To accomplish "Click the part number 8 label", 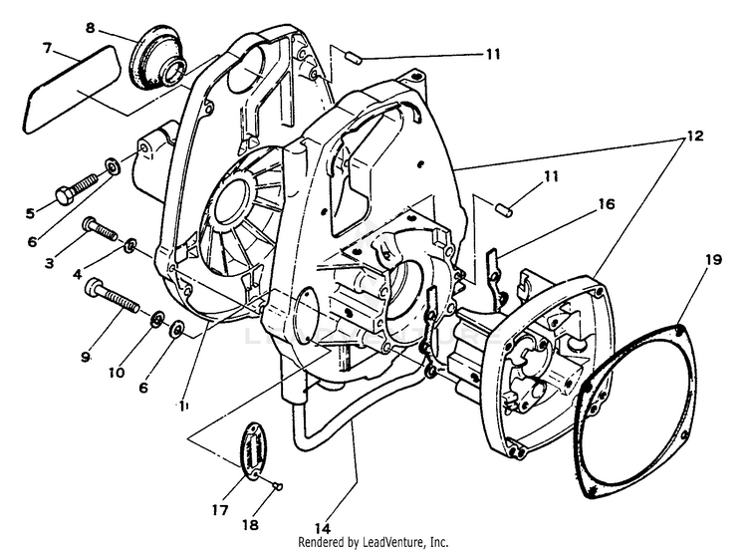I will [x=90, y=29].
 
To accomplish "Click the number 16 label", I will [x=606, y=203].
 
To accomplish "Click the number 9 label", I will [x=87, y=356].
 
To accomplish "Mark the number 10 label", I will [x=118, y=373].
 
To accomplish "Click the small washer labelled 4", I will [x=130, y=244].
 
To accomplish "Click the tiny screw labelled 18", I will [x=280, y=485].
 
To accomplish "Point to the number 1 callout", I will [x=183, y=406].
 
